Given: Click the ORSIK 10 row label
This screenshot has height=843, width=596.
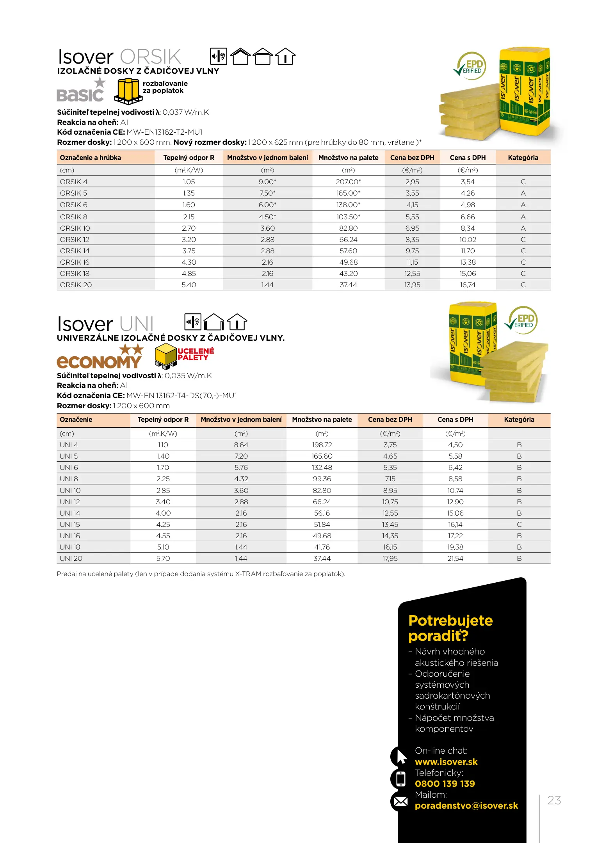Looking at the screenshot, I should pyautogui.click(x=75, y=228).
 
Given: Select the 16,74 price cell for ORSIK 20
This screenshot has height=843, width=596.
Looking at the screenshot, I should pyautogui.click(x=468, y=285).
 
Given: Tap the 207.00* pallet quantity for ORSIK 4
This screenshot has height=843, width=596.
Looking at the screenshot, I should pyautogui.click(x=348, y=182).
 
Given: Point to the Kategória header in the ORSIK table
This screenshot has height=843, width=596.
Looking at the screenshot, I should pyautogui.click(x=523, y=158).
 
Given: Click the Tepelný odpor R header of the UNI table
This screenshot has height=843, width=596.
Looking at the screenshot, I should pyautogui.click(x=163, y=420).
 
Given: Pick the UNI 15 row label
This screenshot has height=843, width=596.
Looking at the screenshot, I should pyautogui.click(x=70, y=525).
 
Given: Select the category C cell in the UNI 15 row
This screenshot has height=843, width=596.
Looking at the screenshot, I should pyautogui.click(x=519, y=525).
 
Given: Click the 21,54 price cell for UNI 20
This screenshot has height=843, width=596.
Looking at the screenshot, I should pyautogui.click(x=455, y=558).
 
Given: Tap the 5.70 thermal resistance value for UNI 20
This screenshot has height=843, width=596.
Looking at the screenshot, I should pyautogui.click(x=163, y=558).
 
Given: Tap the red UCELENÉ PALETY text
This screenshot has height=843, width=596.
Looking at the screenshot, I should pyautogui.click(x=196, y=354).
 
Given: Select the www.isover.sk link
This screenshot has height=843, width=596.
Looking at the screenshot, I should pyautogui.click(x=446, y=762).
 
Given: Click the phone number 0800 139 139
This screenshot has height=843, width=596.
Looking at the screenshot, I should pyautogui.click(x=445, y=784).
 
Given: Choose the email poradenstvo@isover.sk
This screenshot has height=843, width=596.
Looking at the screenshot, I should pyautogui.click(x=466, y=806).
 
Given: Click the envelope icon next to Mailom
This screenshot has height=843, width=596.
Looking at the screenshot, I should pyautogui.click(x=400, y=802).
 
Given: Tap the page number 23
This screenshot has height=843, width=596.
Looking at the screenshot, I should pyautogui.click(x=554, y=800).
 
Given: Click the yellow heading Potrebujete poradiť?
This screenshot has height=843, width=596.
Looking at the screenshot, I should pyautogui.click(x=450, y=628).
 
